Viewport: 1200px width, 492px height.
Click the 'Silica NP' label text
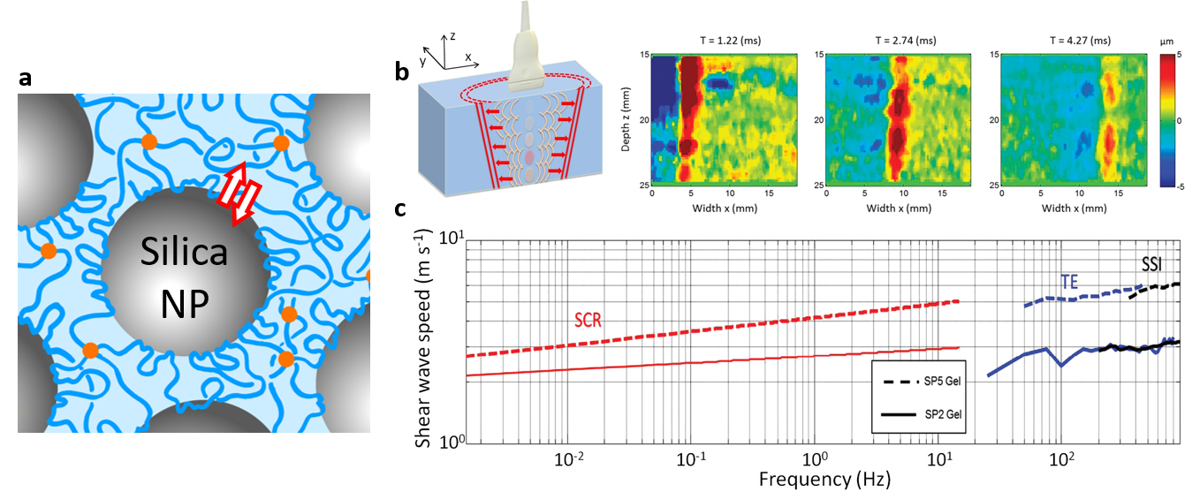click(184, 281)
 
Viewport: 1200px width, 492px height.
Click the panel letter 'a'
click(27, 79)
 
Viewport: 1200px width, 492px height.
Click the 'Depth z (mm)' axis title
click(624, 122)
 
